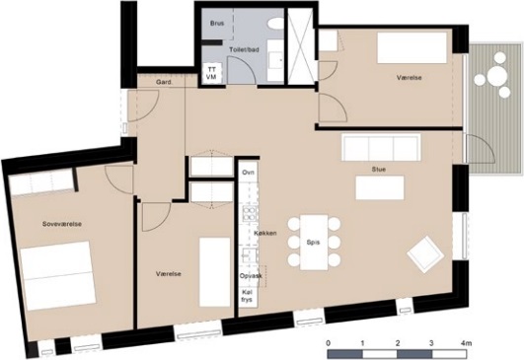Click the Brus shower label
(x=217, y=24)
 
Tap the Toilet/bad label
(x=244, y=49)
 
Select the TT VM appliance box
(x=211, y=72)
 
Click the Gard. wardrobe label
(x=164, y=82)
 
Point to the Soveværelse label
(x=62, y=224)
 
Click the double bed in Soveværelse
(x=57, y=275)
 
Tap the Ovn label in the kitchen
(x=249, y=173)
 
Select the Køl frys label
(x=247, y=296)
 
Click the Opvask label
(x=251, y=276)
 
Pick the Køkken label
(x=265, y=233)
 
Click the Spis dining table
(x=314, y=242)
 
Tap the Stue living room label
(x=379, y=170)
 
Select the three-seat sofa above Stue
(x=381, y=147)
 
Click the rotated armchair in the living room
(x=425, y=254)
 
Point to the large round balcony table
(x=497, y=76)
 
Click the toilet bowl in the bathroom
(x=275, y=24)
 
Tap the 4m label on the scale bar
(x=466, y=343)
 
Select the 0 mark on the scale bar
(x=329, y=343)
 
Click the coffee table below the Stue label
(x=380, y=187)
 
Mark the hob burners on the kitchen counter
(x=249, y=214)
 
